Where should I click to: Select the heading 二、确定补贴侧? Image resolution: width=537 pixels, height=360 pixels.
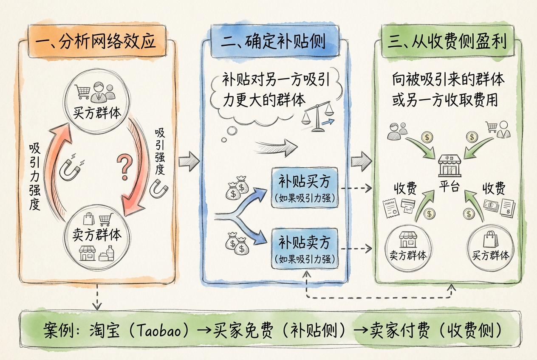click(x=273, y=42)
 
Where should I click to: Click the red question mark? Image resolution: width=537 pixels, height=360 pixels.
click(x=125, y=166)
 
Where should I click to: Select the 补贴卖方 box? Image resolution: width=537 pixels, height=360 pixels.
click(x=304, y=248)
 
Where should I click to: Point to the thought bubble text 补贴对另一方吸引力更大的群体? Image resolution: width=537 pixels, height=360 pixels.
click(x=272, y=89)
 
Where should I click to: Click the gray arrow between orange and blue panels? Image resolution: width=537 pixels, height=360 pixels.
click(x=188, y=162)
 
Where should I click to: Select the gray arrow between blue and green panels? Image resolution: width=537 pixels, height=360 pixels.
click(x=361, y=162)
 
